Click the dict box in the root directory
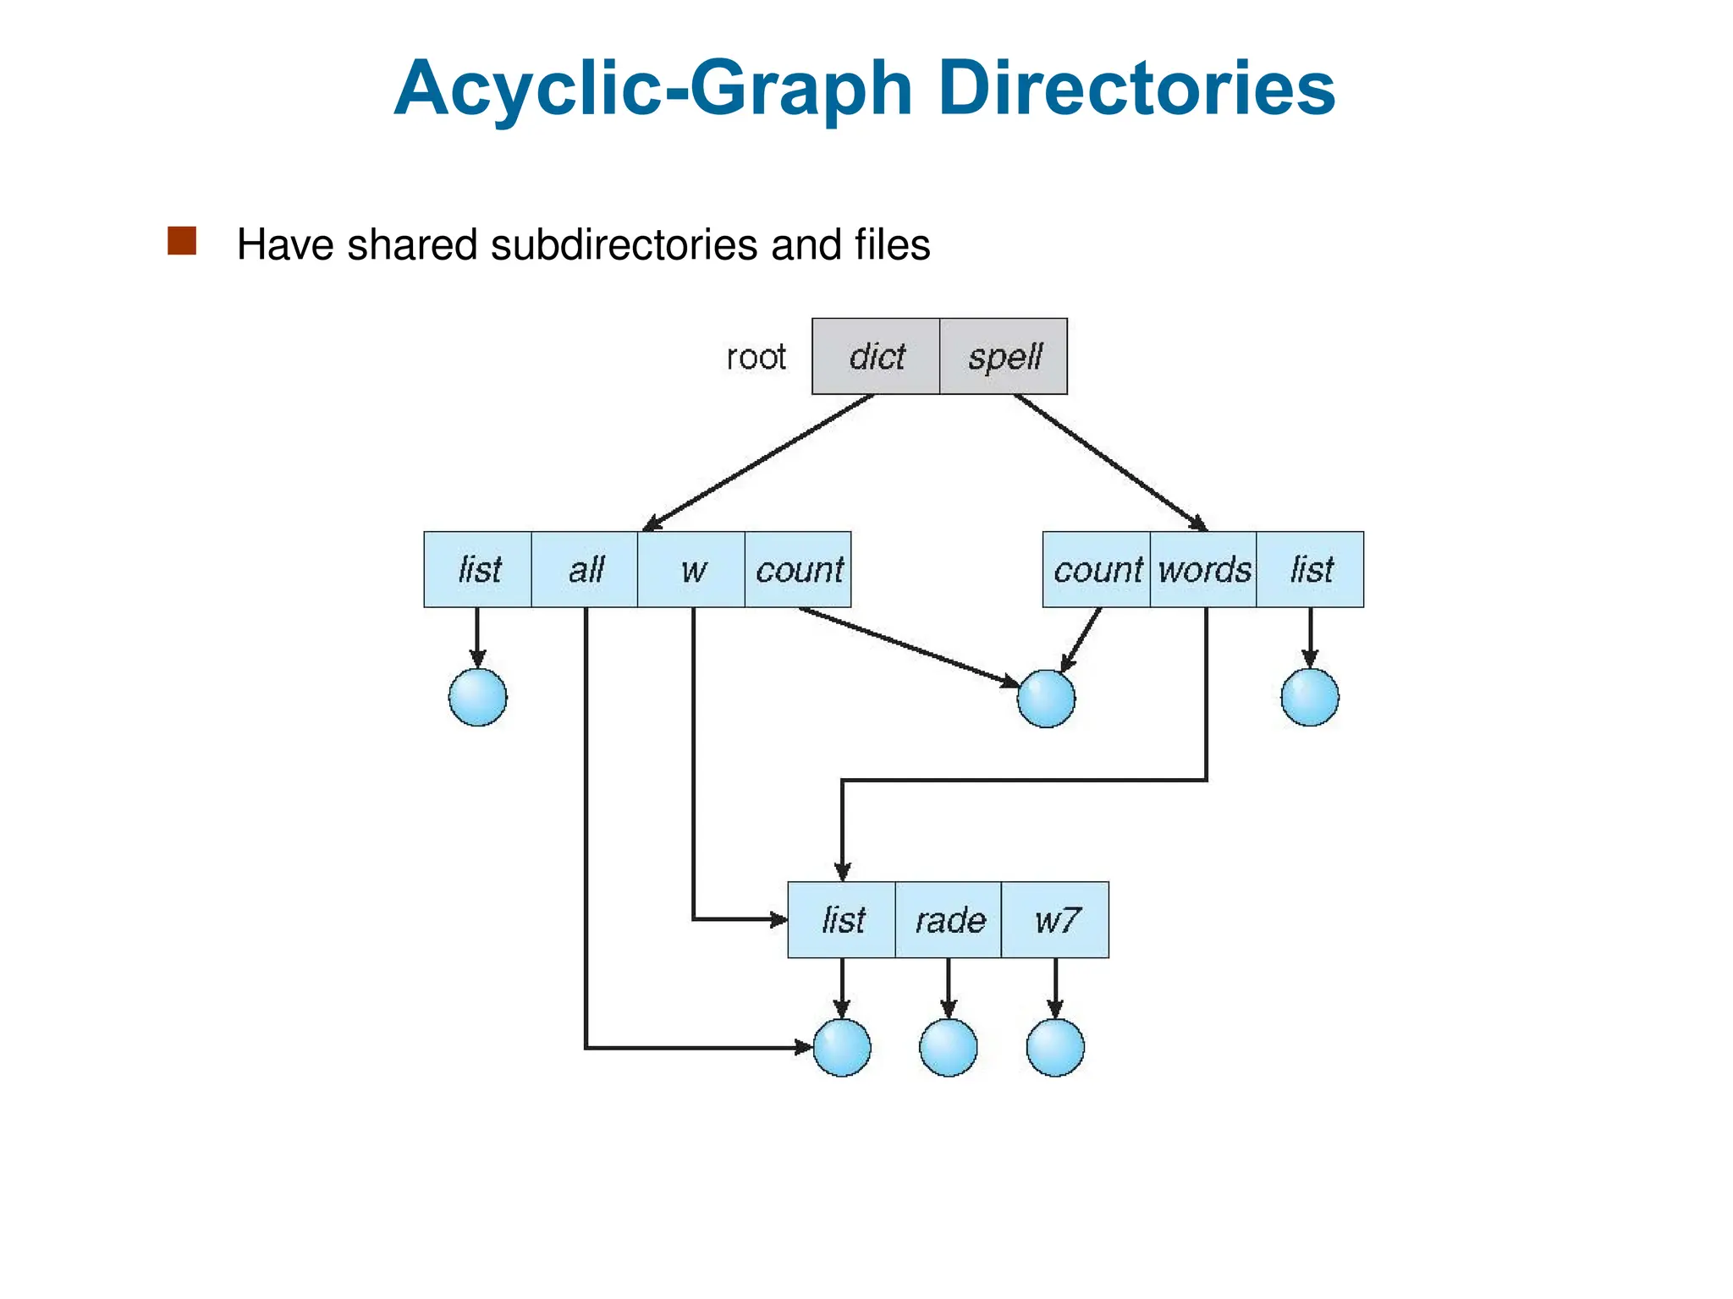click(x=876, y=356)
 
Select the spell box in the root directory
click(x=1004, y=356)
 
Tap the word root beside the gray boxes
click(x=756, y=357)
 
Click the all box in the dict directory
click(x=585, y=569)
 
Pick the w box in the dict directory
click(x=691, y=569)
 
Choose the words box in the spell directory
click(x=1203, y=569)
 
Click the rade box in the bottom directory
click(x=949, y=919)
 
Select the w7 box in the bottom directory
click(x=1055, y=919)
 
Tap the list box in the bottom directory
click(x=842, y=919)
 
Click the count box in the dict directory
click(x=798, y=569)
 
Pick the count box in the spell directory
click(x=1097, y=569)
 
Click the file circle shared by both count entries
click(x=1046, y=699)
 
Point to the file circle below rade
click(x=949, y=1048)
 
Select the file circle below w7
click(x=1055, y=1048)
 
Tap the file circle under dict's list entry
click(x=478, y=698)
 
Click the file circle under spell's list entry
click(x=1310, y=698)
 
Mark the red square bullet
click(x=182, y=241)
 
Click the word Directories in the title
click(x=1136, y=88)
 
